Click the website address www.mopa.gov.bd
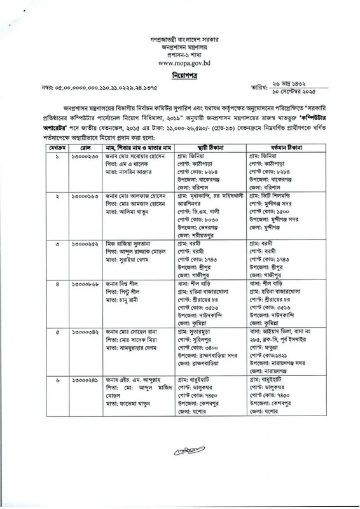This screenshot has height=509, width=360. tap(179, 63)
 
